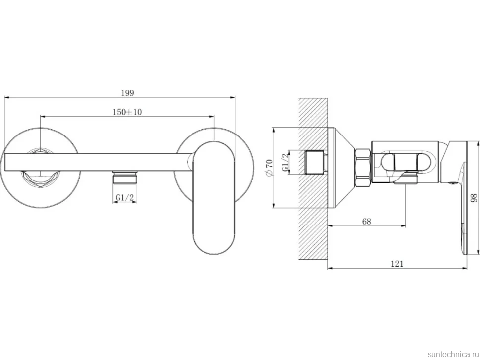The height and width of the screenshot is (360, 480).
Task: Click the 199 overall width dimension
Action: tap(127, 93)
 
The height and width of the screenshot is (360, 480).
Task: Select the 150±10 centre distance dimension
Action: tap(127, 112)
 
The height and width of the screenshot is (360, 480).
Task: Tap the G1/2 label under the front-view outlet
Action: tap(125, 198)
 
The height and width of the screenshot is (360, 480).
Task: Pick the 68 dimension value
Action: tap(366, 221)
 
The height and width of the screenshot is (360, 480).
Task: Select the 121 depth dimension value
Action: tap(397, 264)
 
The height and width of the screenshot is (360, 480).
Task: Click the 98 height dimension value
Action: tap(474, 197)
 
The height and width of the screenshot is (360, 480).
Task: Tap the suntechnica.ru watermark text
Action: tap(453, 354)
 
